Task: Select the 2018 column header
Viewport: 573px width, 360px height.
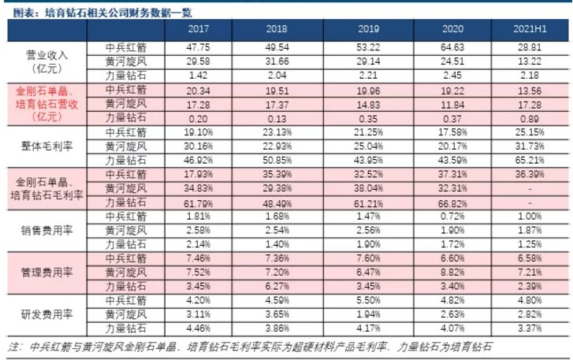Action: click(282, 29)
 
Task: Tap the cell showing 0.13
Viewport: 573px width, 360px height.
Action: click(282, 117)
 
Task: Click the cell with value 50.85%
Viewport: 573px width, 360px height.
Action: click(282, 159)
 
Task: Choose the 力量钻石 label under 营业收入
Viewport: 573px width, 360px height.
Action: click(125, 76)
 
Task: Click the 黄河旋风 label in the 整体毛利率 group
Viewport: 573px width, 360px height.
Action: click(125, 145)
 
